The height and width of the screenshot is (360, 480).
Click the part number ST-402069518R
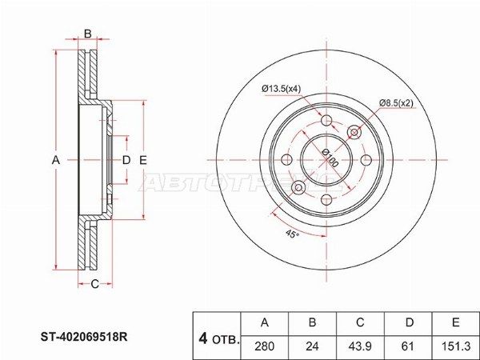pyautogui.click(x=85, y=337)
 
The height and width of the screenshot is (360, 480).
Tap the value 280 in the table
pyautogui.click(x=265, y=346)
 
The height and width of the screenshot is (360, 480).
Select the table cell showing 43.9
pyautogui.click(x=360, y=346)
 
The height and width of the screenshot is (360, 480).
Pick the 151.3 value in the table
pyautogui.click(x=455, y=346)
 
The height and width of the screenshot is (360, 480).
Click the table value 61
pyautogui.click(x=408, y=346)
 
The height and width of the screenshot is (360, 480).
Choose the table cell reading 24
pyautogui.click(x=312, y=346)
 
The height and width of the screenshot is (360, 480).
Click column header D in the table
pyautogui.click(x=409, y=322)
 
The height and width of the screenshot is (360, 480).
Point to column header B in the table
pyautogui.click(x=312, y=322)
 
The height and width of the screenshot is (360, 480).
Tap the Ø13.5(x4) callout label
pyautogui.click(x=282, y=89)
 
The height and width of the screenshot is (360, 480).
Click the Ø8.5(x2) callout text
pyautogui.click(x=396, y=103)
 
